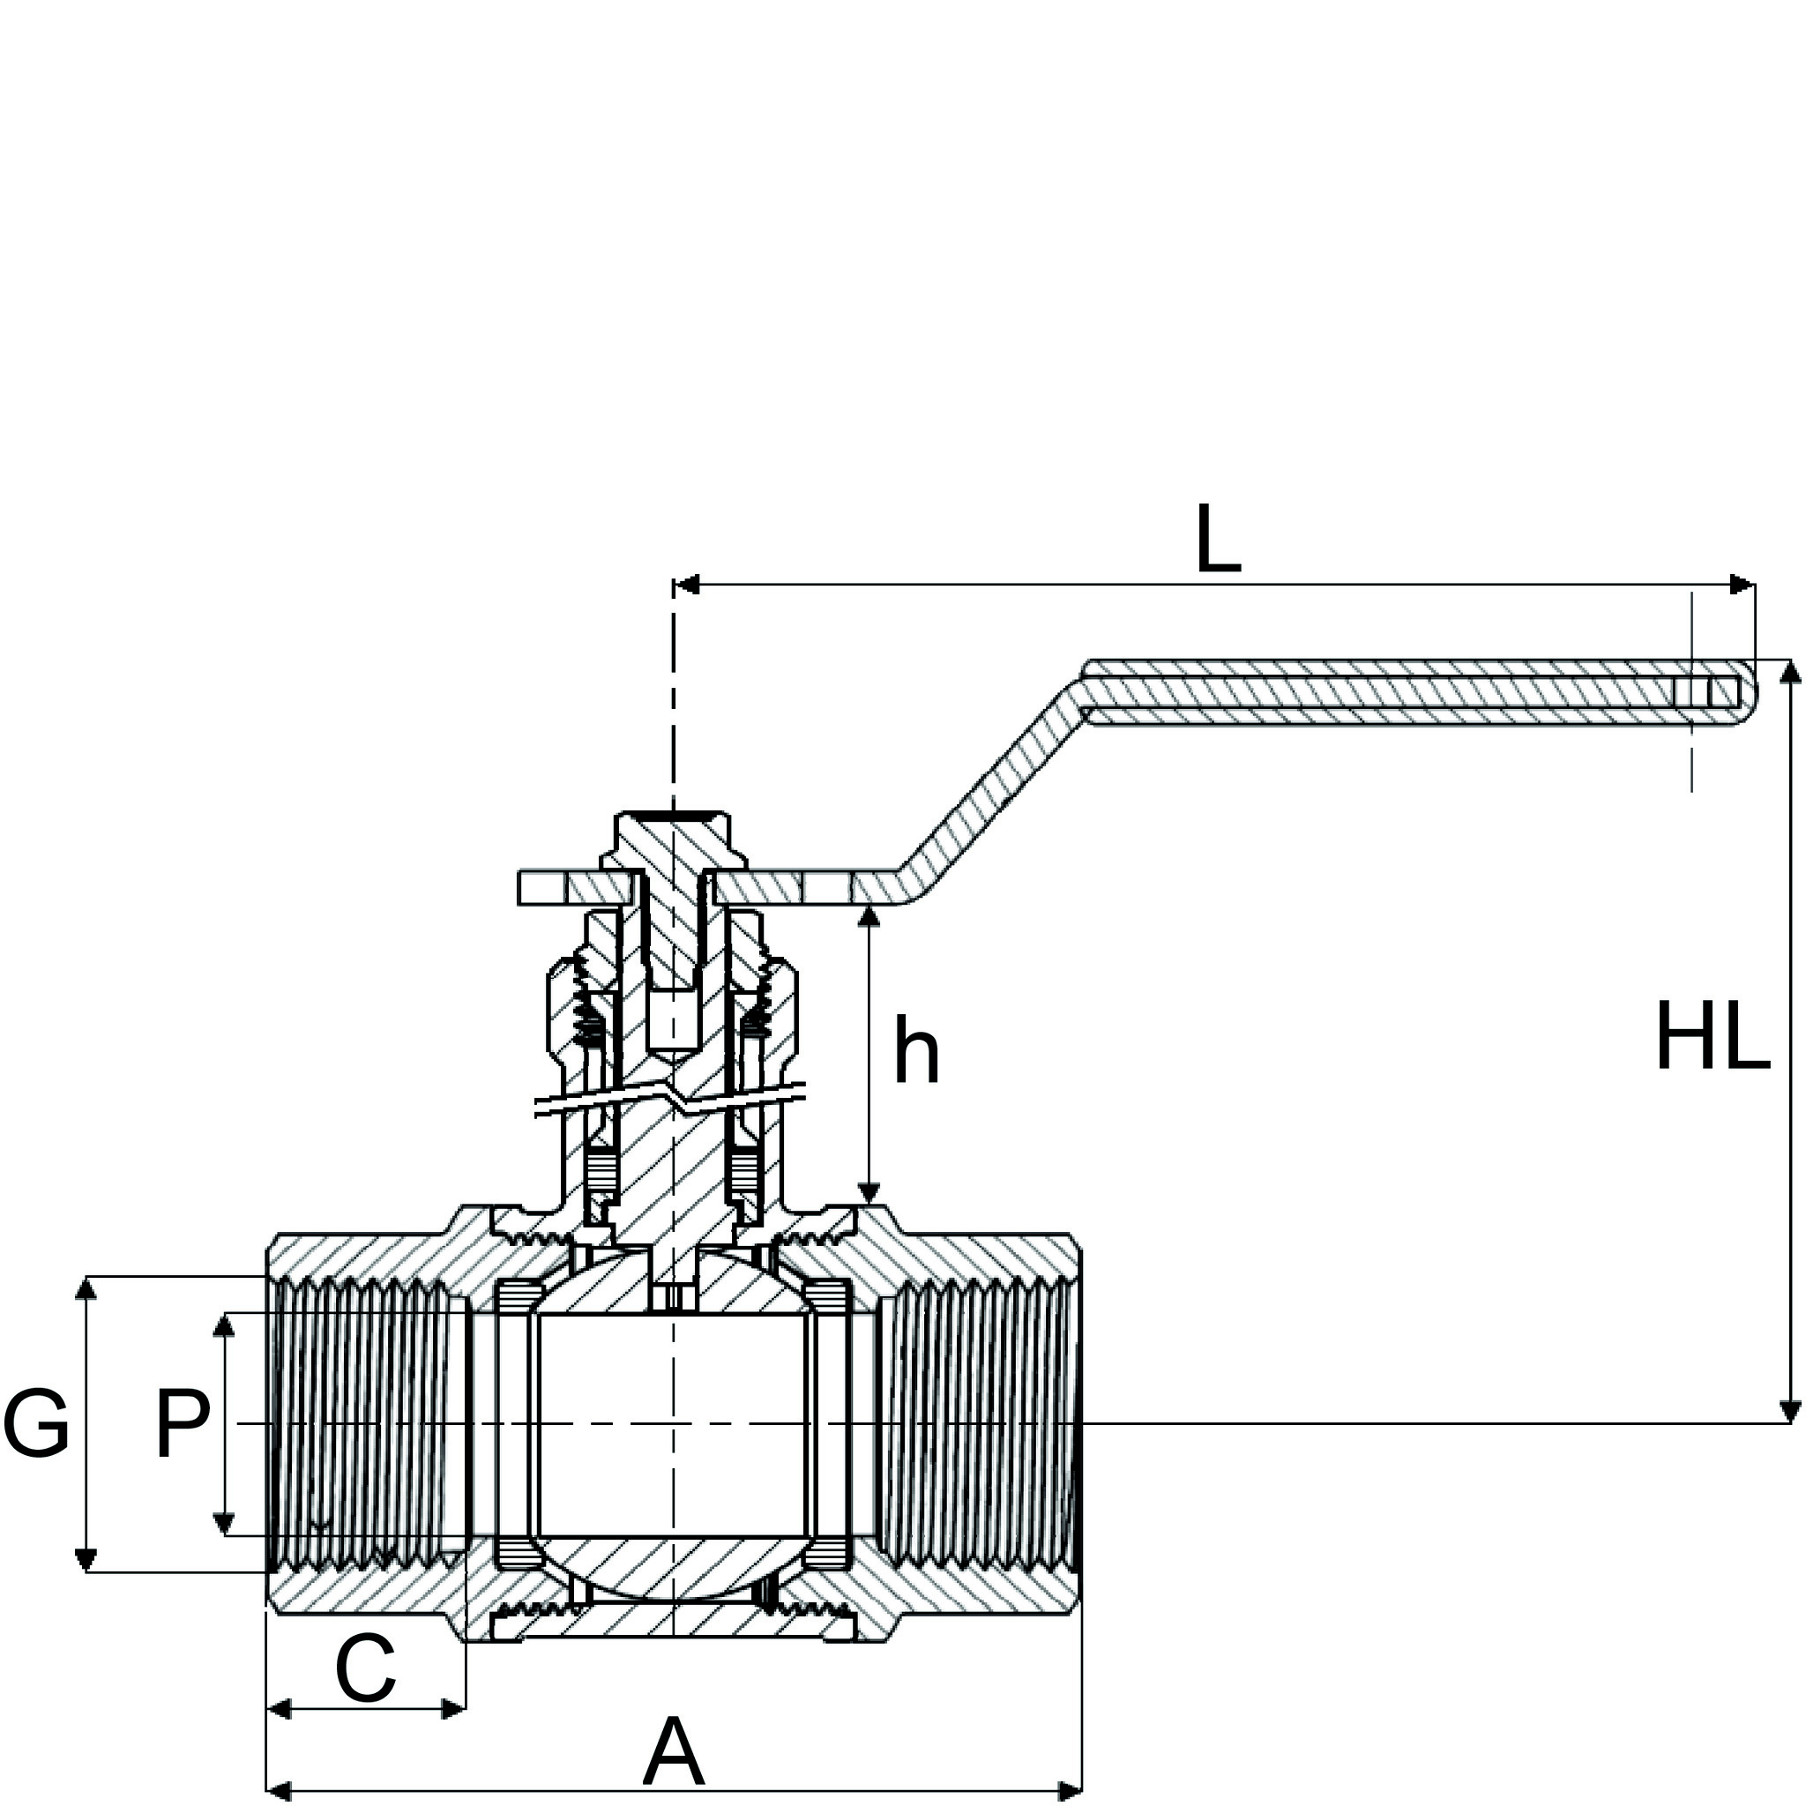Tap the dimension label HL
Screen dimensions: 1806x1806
point(1713,1037)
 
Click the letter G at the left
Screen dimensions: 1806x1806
point(36,1423)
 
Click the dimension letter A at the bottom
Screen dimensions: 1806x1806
point(672,1752)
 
